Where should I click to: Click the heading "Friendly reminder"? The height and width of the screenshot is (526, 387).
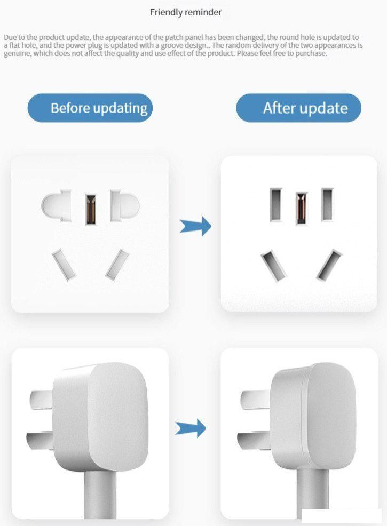pyautogui.click(x=186, y=12)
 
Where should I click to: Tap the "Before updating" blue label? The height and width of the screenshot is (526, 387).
pyautogui.click(x=90, y=108)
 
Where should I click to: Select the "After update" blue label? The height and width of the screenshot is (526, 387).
pyautogui.click(x=298, y=108)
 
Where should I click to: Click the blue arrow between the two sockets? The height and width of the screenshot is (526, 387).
pyautogui.click(x=195, y=227)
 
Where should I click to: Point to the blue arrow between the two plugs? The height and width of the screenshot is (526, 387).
pyautogui.click(x=191, y=427)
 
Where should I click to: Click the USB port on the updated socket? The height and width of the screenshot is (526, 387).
pyautogui.click(x=302, y=206)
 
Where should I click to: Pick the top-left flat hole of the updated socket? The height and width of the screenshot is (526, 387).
pyautogui.click(x=276, y=204)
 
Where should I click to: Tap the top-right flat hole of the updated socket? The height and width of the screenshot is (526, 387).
pyautogui.click(x=327, y=204)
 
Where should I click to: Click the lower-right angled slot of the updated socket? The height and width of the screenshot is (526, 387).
pyautogui.click(x=329, y=265)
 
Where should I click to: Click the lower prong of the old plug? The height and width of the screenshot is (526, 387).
pyautogui.click(x=40, y=439)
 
